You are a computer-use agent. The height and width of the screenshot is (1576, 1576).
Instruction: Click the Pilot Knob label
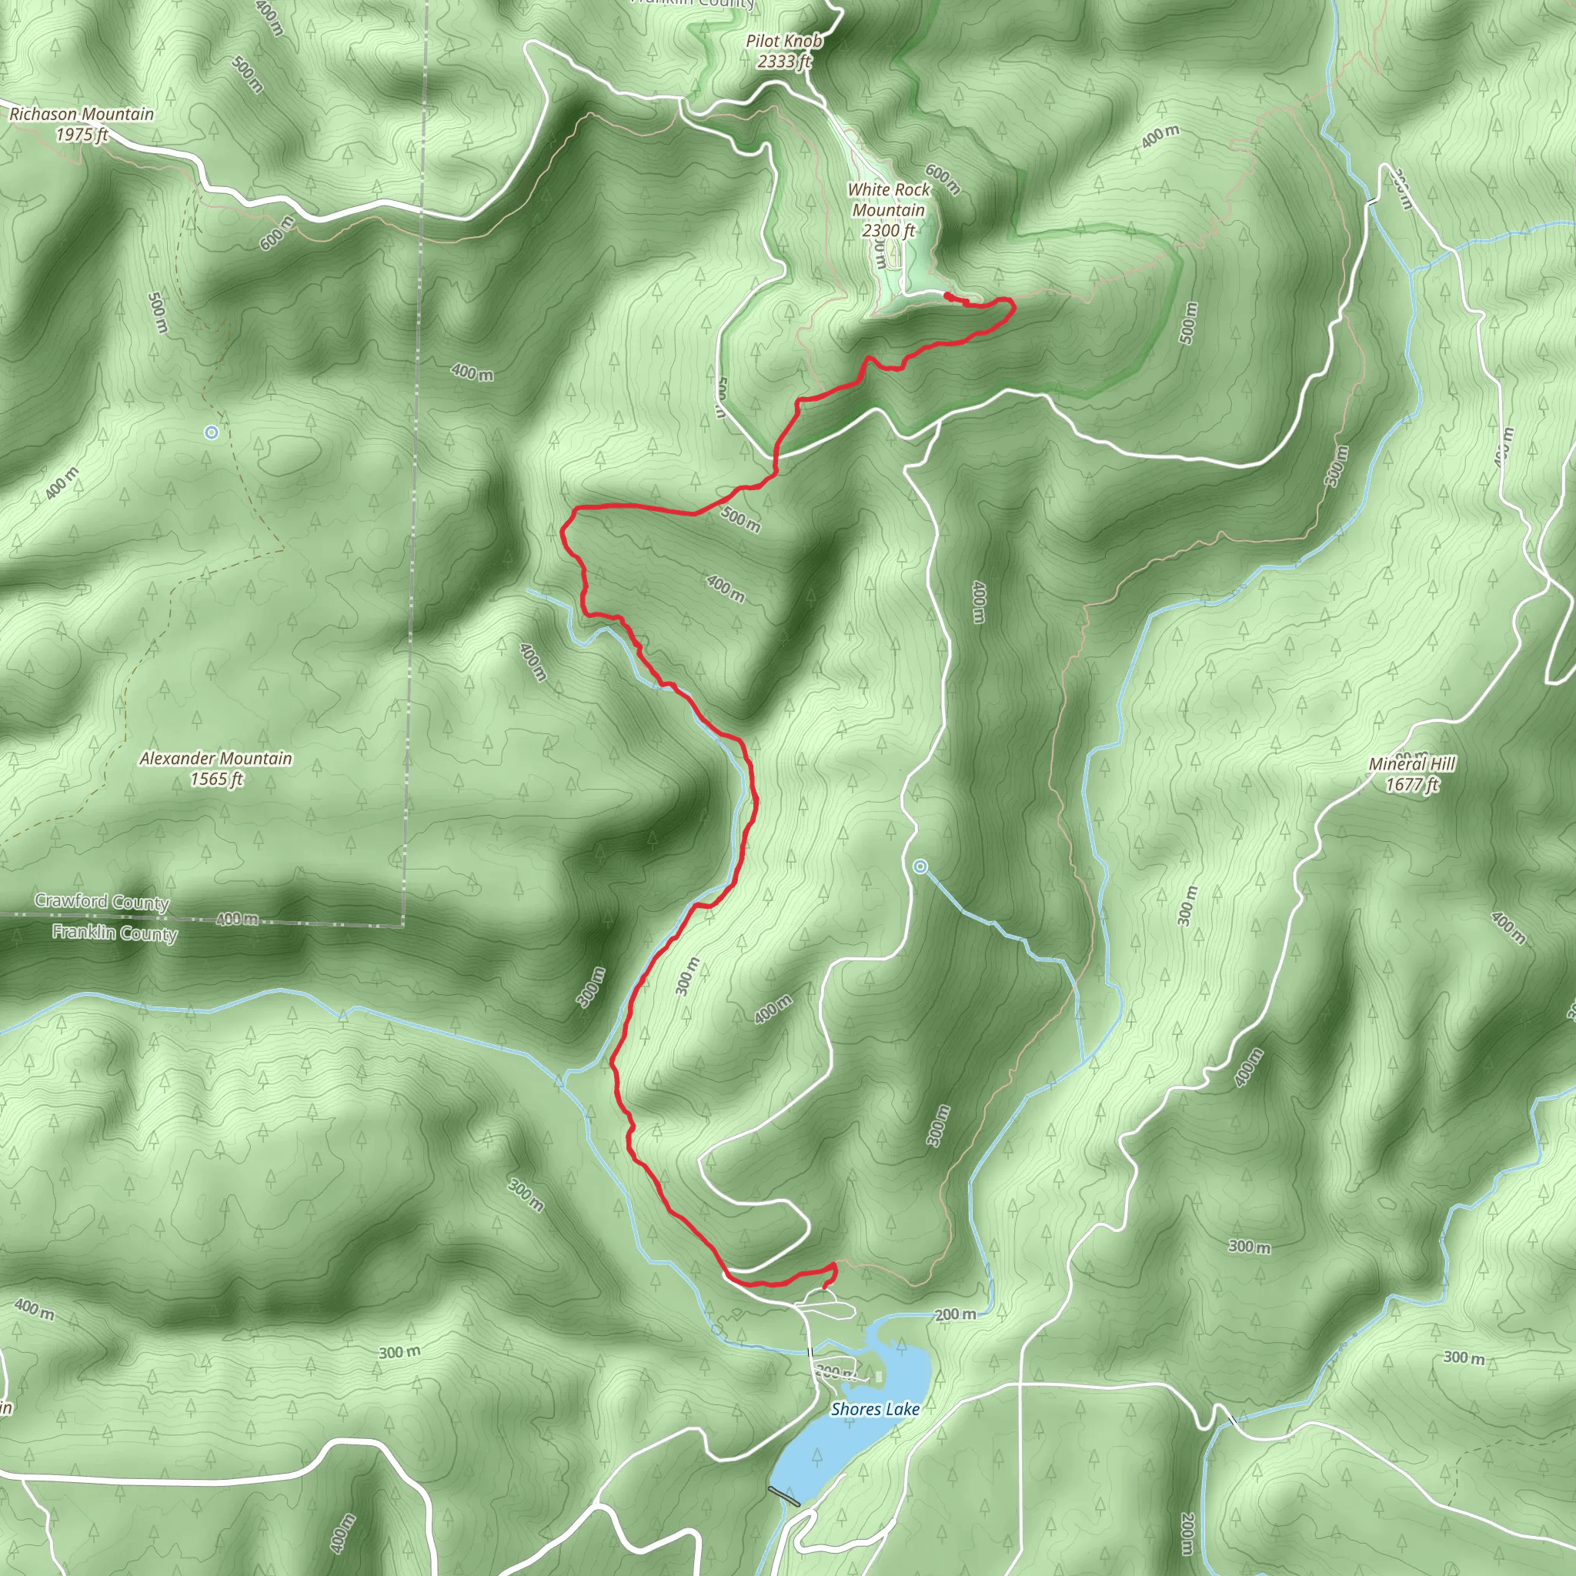(x=784, y=41)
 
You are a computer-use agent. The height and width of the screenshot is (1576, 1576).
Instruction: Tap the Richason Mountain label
(x=82, y=114)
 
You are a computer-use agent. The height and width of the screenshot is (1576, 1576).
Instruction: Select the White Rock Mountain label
(x=888, y=200)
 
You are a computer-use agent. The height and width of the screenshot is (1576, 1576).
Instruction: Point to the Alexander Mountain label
(x=215, y=759)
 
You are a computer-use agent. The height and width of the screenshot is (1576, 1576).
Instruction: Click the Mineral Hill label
(x=1412, y=764)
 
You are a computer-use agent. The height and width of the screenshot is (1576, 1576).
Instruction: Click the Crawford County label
(x=101, y=902)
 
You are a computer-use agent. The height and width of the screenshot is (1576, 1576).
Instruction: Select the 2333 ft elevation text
(x=784, y=62)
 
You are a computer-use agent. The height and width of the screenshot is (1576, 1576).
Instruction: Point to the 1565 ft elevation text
(x=217, y=779)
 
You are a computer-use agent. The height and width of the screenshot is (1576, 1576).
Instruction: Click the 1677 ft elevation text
(x=1412, y=785)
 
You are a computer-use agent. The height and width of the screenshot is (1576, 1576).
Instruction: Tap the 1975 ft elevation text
(x=82, y=135)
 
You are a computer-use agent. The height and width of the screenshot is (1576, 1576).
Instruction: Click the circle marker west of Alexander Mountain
(x=212, y=432)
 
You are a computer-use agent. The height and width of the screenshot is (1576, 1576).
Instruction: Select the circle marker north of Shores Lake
(x=920, y=866)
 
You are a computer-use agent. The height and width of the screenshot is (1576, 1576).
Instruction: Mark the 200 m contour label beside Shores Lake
(x=955, y=1314)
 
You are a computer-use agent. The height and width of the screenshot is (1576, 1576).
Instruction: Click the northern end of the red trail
(x=946, y=295)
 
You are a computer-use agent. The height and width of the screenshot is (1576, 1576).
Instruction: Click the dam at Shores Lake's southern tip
(x=784, y=1494)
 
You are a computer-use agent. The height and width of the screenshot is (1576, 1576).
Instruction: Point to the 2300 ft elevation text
(x=888, y=231)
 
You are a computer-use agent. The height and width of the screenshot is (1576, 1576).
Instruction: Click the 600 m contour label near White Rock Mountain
(x=943, y=180)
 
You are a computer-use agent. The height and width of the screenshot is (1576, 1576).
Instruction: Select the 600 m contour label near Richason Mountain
(x=278, y=233)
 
